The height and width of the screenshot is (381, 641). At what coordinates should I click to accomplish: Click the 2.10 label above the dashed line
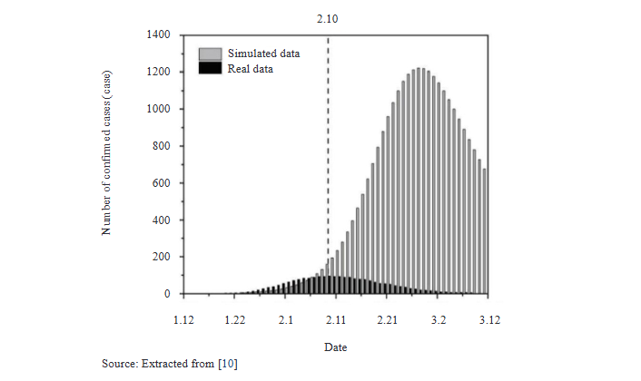(x=328, y=17)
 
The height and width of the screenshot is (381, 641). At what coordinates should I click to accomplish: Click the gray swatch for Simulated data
(x=210, y=54)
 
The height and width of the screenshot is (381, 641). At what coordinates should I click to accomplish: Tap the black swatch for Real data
(x=210, y=68)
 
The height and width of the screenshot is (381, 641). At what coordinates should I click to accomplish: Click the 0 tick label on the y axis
(x=167, y=294)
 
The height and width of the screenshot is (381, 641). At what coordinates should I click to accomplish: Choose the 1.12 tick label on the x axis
(x=184, y=319)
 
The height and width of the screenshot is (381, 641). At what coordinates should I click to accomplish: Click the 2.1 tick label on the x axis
(x=286, y=319)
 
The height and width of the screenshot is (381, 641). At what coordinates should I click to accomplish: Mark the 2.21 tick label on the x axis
(x=388, y=319)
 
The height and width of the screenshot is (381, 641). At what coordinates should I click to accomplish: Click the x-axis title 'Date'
(x=335, y=347)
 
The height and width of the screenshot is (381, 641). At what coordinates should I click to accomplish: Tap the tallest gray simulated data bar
(x=419, y=181)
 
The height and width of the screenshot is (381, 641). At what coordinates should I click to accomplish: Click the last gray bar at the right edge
(x=485, y=231)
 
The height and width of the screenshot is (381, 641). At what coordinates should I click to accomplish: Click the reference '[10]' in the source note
(x=226, y=364)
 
